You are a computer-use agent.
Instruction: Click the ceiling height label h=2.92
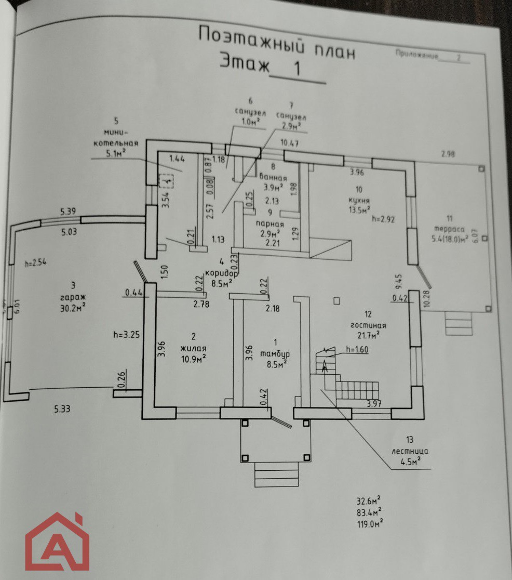pos(383,219)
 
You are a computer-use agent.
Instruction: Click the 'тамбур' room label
pos(275,354)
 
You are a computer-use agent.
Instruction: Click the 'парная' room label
pos(270,223)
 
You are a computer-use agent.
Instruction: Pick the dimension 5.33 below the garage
pos(62,409)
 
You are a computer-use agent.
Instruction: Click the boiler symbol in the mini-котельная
pos(166,180)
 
